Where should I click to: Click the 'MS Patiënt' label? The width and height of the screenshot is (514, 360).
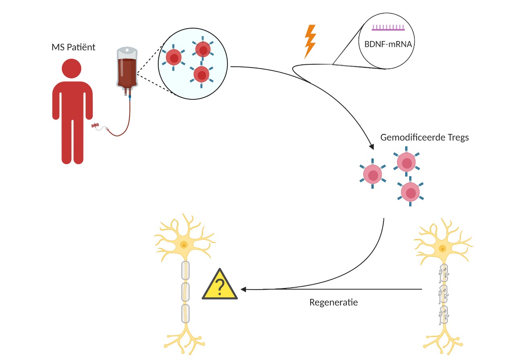pos(73,47)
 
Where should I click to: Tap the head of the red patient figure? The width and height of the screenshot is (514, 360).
pos(72,68)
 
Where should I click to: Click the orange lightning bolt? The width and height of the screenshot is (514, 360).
pos(310,41)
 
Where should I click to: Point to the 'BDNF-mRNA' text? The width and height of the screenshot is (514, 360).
pos(388,44)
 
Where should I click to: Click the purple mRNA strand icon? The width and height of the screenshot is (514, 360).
pos(388,28)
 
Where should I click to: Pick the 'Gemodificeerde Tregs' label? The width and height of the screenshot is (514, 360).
pos(424,138)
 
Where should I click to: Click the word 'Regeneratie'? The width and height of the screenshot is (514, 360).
pos(334,302)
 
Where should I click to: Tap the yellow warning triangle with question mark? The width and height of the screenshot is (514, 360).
pos(220,284)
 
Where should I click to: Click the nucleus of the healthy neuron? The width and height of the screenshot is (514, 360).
pos(184,245)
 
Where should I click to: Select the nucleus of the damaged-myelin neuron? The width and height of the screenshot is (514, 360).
pos(442,249)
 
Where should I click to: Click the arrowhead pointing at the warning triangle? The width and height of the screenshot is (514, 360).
pos(243,289)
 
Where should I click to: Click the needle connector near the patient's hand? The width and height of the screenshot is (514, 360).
pos(94,125)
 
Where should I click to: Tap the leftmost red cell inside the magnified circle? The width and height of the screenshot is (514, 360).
pos(174,58)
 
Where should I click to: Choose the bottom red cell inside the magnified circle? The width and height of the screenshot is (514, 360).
pos(201,75)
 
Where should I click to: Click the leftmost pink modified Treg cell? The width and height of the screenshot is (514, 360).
pos(373,174)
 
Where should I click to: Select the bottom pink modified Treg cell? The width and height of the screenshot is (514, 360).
pos(410,192)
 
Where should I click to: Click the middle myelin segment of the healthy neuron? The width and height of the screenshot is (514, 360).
pos(185,292)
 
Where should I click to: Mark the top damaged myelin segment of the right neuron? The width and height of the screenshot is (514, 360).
pos(444,273)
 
